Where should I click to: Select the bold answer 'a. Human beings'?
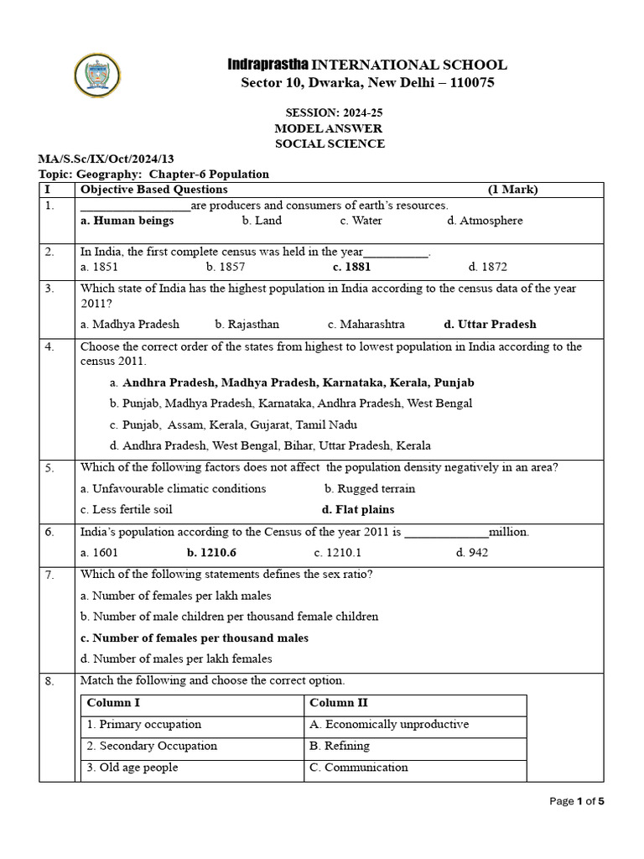tap(127, 221)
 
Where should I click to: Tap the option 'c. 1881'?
tap(351, 267)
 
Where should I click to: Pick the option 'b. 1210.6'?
tap(212, 552)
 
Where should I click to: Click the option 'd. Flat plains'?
tap(358, 509)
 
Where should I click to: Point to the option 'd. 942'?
tap(471, 552)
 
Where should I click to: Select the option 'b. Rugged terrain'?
tap(369, 488)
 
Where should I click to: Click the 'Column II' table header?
tap(339, 703)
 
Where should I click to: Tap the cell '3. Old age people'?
tap(132, 768)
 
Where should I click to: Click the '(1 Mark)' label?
tap(512, 190)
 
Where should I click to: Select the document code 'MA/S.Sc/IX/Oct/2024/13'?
tap(106, 159)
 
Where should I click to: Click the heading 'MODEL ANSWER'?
tap(329, 128)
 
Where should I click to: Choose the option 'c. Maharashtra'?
tap(366, 324)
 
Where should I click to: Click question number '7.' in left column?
tap(50, 575)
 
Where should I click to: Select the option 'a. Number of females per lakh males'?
tap(176, 596)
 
